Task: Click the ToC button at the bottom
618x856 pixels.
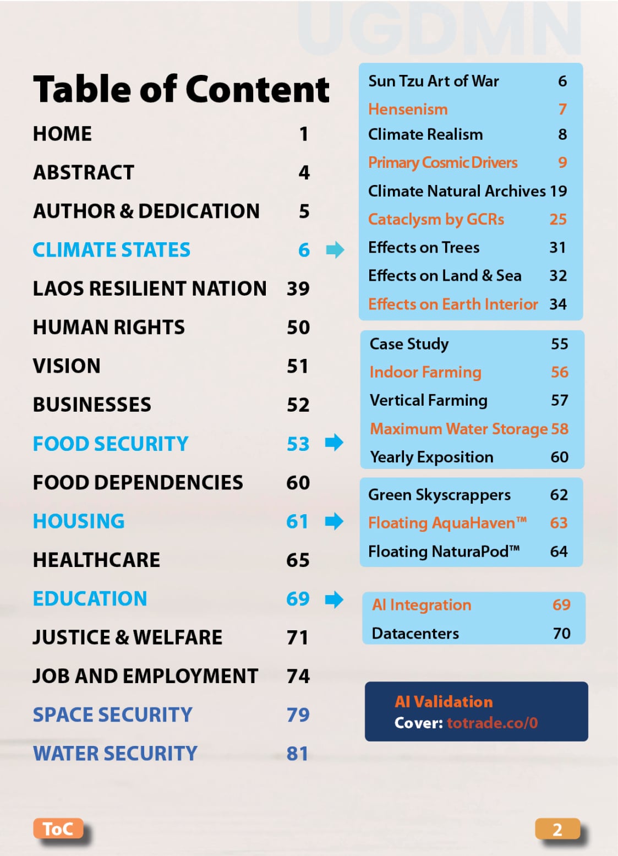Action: tap(58, 828)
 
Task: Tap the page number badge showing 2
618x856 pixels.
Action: tap(557, 829)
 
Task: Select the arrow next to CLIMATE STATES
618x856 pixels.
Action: tap(335, 250)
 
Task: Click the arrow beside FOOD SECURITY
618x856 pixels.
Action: tap(334, 442)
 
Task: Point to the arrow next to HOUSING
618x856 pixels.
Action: tap(334, 521)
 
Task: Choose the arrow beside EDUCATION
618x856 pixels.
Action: tap(334, 599)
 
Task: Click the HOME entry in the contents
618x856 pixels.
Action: tap(62, 134)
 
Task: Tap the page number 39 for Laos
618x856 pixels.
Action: tap(298, 288)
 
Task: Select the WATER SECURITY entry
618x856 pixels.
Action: tap(115, 753)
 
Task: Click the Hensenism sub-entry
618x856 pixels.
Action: tap(408, 109)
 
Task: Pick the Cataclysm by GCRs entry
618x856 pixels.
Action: tap(436, 219)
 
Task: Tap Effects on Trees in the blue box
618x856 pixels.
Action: tap(424, 248)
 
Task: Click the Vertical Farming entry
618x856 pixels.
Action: tap(428, 400)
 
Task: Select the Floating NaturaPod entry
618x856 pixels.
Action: tap(444, 551)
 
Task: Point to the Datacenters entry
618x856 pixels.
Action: tap(415, 634)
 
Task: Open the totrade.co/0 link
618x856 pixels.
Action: tap(492, 723)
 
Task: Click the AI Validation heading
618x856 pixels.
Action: tap(444, 701)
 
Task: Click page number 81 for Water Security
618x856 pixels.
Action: tap(297, 753)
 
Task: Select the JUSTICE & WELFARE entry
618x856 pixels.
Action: tap(128, 637)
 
